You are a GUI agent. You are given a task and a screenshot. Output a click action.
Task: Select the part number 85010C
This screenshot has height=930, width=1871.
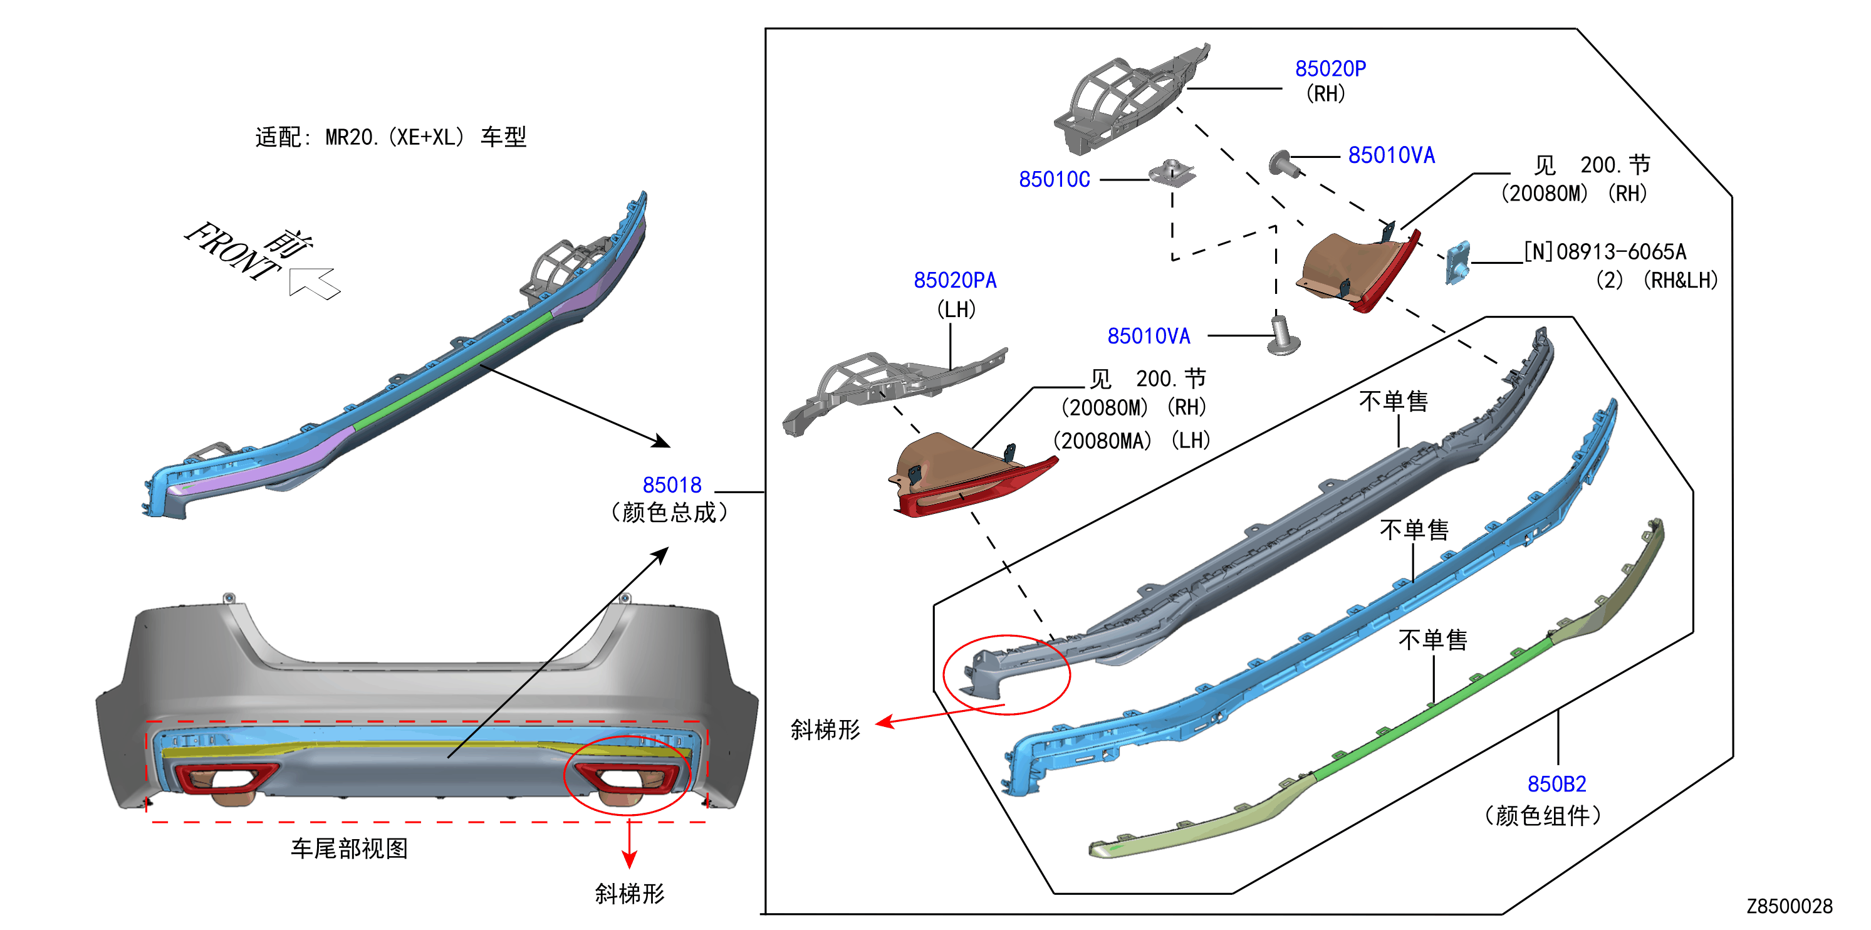(x=1054, y=179)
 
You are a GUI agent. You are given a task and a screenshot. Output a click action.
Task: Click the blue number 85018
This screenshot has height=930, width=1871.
(x=672, y=484)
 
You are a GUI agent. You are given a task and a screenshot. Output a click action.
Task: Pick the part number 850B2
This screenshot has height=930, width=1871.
(x=1556, y=784)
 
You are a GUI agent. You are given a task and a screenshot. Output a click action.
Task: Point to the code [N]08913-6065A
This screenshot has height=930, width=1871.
(x=1605, y=251)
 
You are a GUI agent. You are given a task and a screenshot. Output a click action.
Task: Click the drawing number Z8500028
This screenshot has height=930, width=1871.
(x=1790, y=906)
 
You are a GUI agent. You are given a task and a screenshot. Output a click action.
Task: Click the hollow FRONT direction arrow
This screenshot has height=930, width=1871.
(x=314, y=283)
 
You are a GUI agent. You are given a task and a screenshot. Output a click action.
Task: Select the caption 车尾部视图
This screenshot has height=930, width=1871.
(x=350, y=848)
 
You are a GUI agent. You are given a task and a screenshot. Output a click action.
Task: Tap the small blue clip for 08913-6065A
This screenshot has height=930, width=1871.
(x=1457, y=263)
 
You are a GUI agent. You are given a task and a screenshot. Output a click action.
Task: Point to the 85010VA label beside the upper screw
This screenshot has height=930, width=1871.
(x=1392, y=155)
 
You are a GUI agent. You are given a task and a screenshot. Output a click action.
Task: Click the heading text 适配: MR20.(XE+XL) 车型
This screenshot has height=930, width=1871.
(x=391, y=137)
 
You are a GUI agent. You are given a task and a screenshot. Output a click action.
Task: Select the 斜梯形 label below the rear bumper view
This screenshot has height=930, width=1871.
(x=630, y=893)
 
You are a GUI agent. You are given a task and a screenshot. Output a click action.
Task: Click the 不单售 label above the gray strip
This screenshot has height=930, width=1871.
(x=1394, y=401)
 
